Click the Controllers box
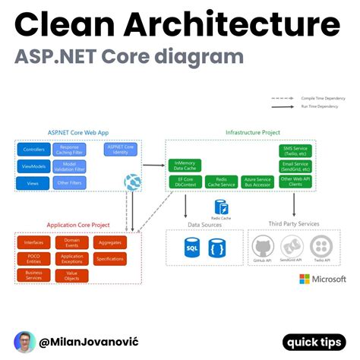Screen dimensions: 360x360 (34, 149)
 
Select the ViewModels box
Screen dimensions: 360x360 (34, 166)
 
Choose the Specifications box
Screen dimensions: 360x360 (111, 259)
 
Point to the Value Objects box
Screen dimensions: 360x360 (72, 276)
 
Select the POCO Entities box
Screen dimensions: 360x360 (34, 259)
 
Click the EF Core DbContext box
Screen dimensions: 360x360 (185, 183)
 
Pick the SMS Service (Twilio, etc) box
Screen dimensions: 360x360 (295, 150)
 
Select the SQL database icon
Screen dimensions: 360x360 (191, 247)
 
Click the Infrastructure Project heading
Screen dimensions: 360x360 (253, 132)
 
